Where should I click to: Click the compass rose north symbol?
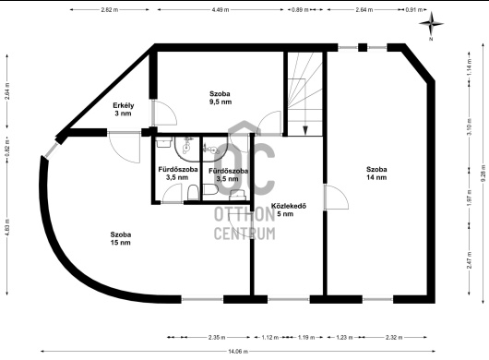pyautogui.click(x=431, y=23)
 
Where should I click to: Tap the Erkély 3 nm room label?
pyautogui.click(x=124, y=109)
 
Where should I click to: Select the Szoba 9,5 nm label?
pyautogui.click(x=221, y=98)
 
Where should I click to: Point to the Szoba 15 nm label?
pyautogui.click(x=120, y=238)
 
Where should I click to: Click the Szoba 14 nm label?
pyautogui.click(x=376, y=174)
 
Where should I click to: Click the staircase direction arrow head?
pyautogui.click(x=305, y=130)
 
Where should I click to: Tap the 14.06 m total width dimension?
pyautogui.click(x=238, y=352)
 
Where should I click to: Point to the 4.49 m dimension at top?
pyautogui.click(x=221, y=9)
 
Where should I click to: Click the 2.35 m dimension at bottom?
pyautogui.click(x=217, y=337)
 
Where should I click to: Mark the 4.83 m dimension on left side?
pyautogui.click(x=7, y=226)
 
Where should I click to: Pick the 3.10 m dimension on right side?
pyautogui.click(x=469, y=127)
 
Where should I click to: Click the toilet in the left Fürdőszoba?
pyautogui.click(x=193, y=193)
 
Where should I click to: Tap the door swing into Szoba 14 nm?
pyautogui.click(x=336, y=198)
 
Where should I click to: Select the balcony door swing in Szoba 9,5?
pyautogui.click(x=164, y=113)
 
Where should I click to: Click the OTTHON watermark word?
pyautogui.click(x=244, y=215)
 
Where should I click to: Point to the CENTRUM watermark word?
pyautogui.click(x=244, y=234)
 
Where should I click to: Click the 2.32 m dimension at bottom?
pyautogui.click(x=394, y=337)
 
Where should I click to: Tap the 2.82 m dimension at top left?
pyautogui.click(x=110, y=9)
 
